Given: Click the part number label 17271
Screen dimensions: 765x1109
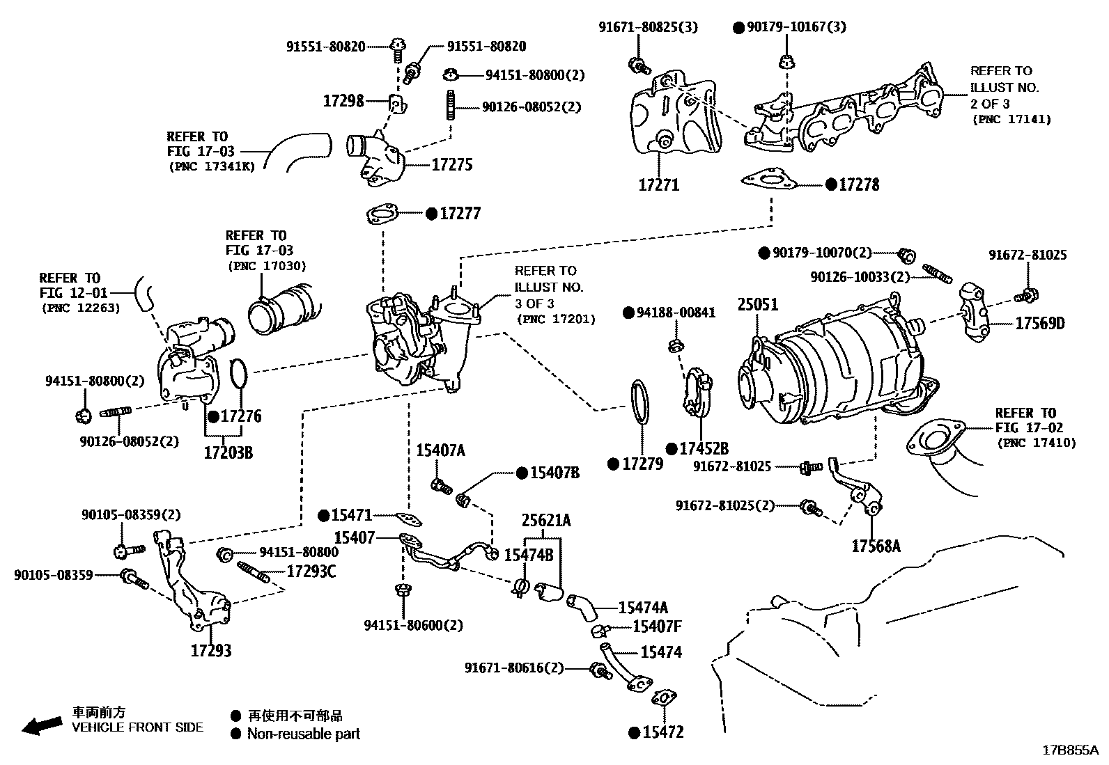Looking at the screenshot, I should coord(658,185).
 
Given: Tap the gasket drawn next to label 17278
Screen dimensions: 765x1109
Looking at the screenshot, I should coord(770,180).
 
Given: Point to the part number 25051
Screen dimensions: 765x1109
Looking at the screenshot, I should coord(758,304).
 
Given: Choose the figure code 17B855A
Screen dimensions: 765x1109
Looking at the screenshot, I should coord(1069,750).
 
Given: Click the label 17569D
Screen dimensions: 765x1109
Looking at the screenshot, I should coord(1039,324).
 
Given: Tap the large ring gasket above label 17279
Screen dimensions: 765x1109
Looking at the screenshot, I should coord(640,402).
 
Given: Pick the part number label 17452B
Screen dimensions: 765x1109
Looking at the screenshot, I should coord(704,449).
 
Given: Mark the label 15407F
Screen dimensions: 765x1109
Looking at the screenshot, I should coord(656,626).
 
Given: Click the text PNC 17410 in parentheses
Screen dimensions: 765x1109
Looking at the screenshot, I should coord(1036,443).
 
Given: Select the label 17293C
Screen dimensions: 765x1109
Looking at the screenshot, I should coord(311,572).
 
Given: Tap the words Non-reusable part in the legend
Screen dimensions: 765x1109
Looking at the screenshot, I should coord(304,734).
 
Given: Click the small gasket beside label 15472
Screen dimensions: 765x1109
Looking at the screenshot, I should coord(665,698).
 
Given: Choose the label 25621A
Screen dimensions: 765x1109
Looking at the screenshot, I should coord(547,520).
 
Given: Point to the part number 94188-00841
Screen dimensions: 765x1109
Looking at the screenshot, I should coord(675,313).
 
